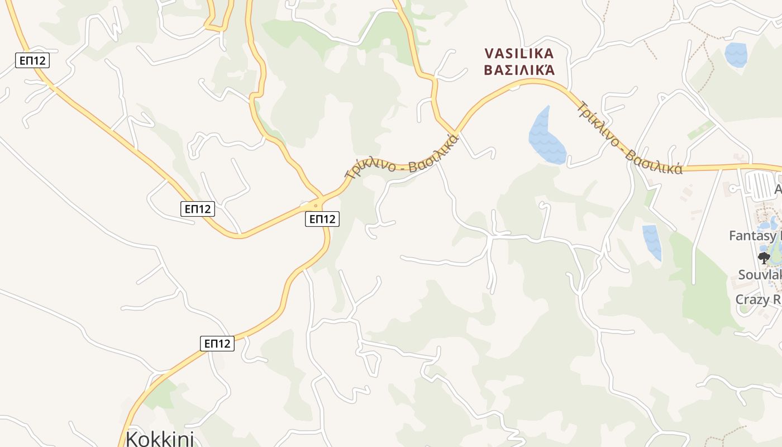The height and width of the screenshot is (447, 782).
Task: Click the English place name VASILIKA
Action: coord(519,54)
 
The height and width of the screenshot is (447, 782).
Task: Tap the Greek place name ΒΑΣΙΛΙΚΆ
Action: coord(519,70)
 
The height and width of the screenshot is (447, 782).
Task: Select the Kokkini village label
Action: coord(160,438)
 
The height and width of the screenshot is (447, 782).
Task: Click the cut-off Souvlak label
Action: coord(760,275)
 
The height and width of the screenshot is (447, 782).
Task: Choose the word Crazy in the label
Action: coord(752,299)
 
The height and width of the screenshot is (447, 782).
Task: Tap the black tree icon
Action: coord(764,258)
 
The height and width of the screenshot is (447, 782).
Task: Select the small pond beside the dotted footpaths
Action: coord(736,55)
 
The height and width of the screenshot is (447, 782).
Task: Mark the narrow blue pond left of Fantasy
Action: coord(652,242)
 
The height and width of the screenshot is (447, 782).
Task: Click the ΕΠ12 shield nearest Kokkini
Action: coord(217,344)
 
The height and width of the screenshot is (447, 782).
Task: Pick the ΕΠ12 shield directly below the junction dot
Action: coord(322,219)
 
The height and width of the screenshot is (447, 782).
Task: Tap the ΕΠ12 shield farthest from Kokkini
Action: coord(32,60)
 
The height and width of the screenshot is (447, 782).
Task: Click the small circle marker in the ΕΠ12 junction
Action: coord(316,206)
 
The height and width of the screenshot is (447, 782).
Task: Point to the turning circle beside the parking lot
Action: coord(733,189)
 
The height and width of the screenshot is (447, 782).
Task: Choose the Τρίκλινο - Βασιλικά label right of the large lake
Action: coord(630,140)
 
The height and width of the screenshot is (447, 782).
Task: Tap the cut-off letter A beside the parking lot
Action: coord(778,191)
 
